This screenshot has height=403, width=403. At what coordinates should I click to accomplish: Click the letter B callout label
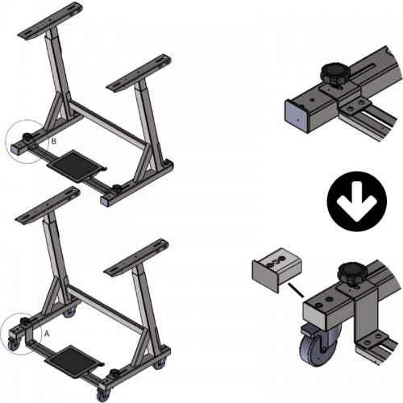coord(54,141)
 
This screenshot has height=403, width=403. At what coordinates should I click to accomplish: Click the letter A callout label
coord(47,334)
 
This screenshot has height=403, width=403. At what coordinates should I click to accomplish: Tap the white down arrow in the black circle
coord(357,201)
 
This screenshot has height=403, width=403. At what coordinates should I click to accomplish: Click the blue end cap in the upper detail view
coord(296,116)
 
